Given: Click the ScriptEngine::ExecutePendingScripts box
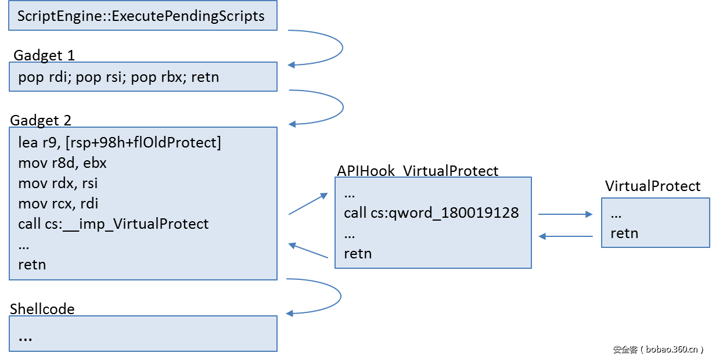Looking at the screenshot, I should (142, 16).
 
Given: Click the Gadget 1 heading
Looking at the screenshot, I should (44, 55).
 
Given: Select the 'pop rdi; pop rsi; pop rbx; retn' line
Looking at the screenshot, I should (118, 77).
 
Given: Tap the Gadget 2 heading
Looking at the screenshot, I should (41, 120).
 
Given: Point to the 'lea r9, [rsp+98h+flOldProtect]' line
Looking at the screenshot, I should (120, 143).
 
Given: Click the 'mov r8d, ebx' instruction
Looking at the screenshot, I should (62, 163).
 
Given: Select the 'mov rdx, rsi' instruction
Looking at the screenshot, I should (57, 183).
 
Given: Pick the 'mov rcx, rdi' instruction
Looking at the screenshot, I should (58, 204).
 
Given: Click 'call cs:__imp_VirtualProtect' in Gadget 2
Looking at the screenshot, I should (113, 224).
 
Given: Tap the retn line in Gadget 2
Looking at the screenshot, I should (32, 264).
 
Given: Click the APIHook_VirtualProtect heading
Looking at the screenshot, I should (417, 171).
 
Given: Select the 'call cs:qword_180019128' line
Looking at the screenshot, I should (431, 213).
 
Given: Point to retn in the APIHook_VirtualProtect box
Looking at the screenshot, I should (358, 254).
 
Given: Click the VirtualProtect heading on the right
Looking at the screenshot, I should (652, 186).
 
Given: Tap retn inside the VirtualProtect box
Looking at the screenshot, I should (624, 233).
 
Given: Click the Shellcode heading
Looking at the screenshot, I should (42, 308).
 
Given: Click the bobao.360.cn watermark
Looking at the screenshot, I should (659, 349).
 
